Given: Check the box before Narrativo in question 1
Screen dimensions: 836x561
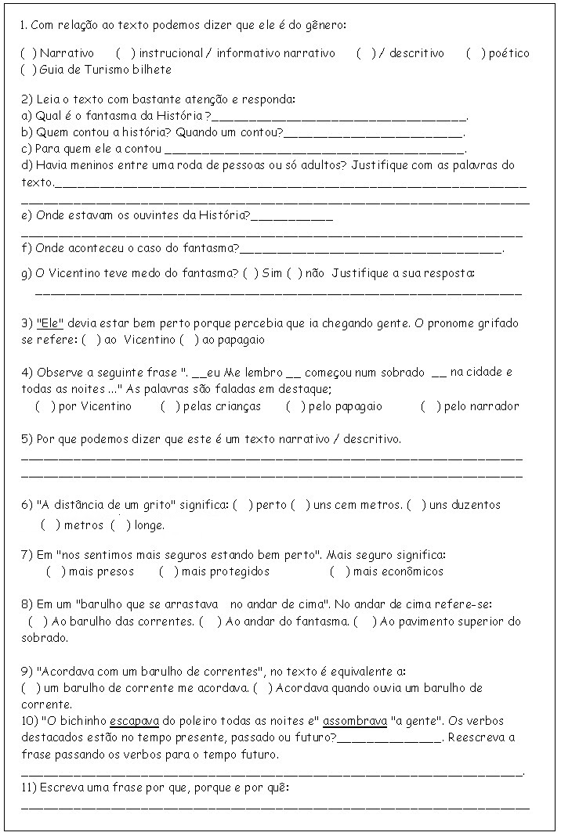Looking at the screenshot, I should pyautogui.click(x=28, y=53).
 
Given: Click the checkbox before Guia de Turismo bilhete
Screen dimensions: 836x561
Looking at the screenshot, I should pyautogui.click(x=28, y=70).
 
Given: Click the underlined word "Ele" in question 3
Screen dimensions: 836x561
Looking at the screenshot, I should pyautogui.click(x=50, y=323).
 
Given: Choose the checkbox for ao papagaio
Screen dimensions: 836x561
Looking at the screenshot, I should pyautogui.click(x=188, y=341).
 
